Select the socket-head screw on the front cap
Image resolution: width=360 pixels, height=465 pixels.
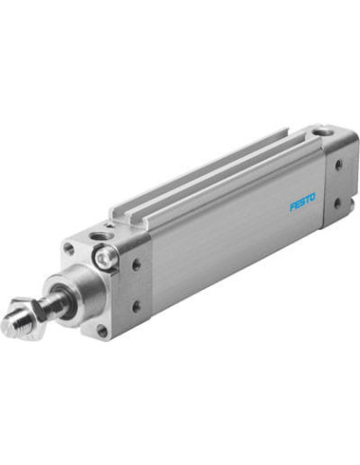[x=105, y=259]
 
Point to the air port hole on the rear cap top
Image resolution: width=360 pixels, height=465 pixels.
[x=322, y=131]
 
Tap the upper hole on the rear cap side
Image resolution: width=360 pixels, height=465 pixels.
[x=339, y=164]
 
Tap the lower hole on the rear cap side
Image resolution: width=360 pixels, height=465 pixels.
[x=337, y=203]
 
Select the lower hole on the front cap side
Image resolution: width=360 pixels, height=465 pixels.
[x=135, y=306]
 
